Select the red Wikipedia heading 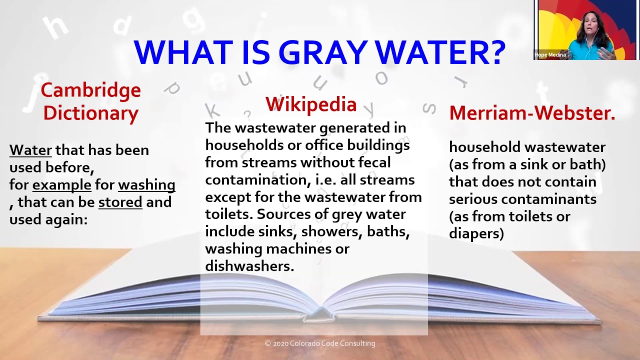[311, 104]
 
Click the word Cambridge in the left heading [90, 90]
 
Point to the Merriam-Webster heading [532, 113]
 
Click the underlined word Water [30, 150]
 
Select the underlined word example [62, 185]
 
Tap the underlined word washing [146, 185]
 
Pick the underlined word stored [120, 202]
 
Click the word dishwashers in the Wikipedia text [249, 266]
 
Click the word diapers [476, 233]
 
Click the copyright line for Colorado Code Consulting [320, 343]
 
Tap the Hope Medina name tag [550, 55]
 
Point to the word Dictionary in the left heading [90, 113]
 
